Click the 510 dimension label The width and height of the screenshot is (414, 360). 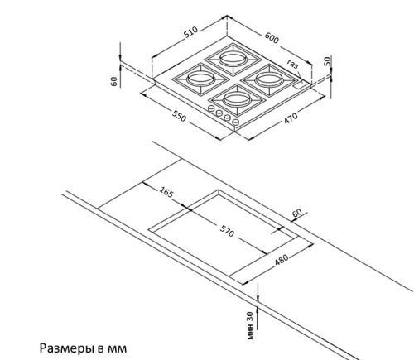pyautogui.click(x=191, y=32)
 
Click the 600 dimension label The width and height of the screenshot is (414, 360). pyautogui.click(x=272, y=38)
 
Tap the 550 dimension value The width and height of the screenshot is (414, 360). pyautogui.click(x=179, y=116)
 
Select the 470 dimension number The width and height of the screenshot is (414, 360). pyautogui.click(x=291, y=118)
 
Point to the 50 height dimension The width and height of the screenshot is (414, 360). pyautogui.click(x=327, y=61)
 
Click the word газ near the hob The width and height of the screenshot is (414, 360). pyautogui.click(x=293, y=64)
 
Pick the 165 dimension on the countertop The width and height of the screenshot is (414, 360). pyautogui.click(x=166, y=192)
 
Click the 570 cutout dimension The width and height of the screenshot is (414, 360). pyautogui.click(x=227, y=231)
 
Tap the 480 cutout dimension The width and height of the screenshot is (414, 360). pyautogui.click(x=282, y=260)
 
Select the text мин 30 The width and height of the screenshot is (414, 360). pyautogui.click(x=250, y=325)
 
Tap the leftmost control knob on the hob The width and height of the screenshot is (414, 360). pyautogui.click(x=212, y=108)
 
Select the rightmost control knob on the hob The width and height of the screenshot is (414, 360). pyautogui.click(x=236, y=122)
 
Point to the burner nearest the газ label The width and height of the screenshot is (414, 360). pyautogui.click(x=267, y=79)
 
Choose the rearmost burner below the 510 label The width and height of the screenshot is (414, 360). pyautogui.click(x=233, y=59)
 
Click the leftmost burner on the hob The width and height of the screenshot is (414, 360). pyautogui.click(x=200, y=79)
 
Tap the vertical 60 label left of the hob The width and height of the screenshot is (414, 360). pyautogui.click(x=114, y=81)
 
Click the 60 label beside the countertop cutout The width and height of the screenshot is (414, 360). pyautogui.click(x=296, y=213)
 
